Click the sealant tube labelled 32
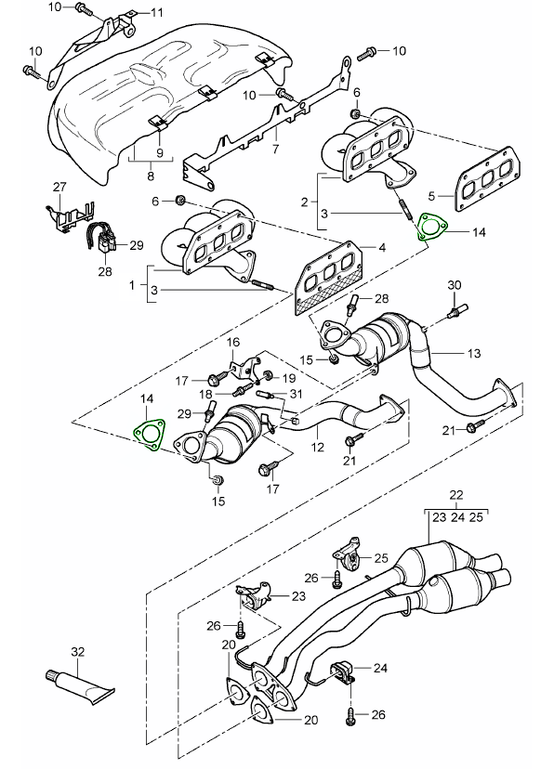(x=81, y=685)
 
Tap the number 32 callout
(x=77, y=652)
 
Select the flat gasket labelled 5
(x=488, y=180)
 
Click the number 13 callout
(x=473, y=353)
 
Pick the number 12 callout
(x=318, y=447)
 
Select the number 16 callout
(x=232, y=342)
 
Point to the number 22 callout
(x=455, y=495)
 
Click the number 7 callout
(x=275, y=148)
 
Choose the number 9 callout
(x=160, y=152)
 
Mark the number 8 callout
(x=151, y=176)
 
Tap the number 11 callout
(x=156, y=12)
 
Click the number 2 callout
(x=305, y=202)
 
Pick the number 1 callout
(x=131, y=284)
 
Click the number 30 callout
(x=455, y=285)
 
